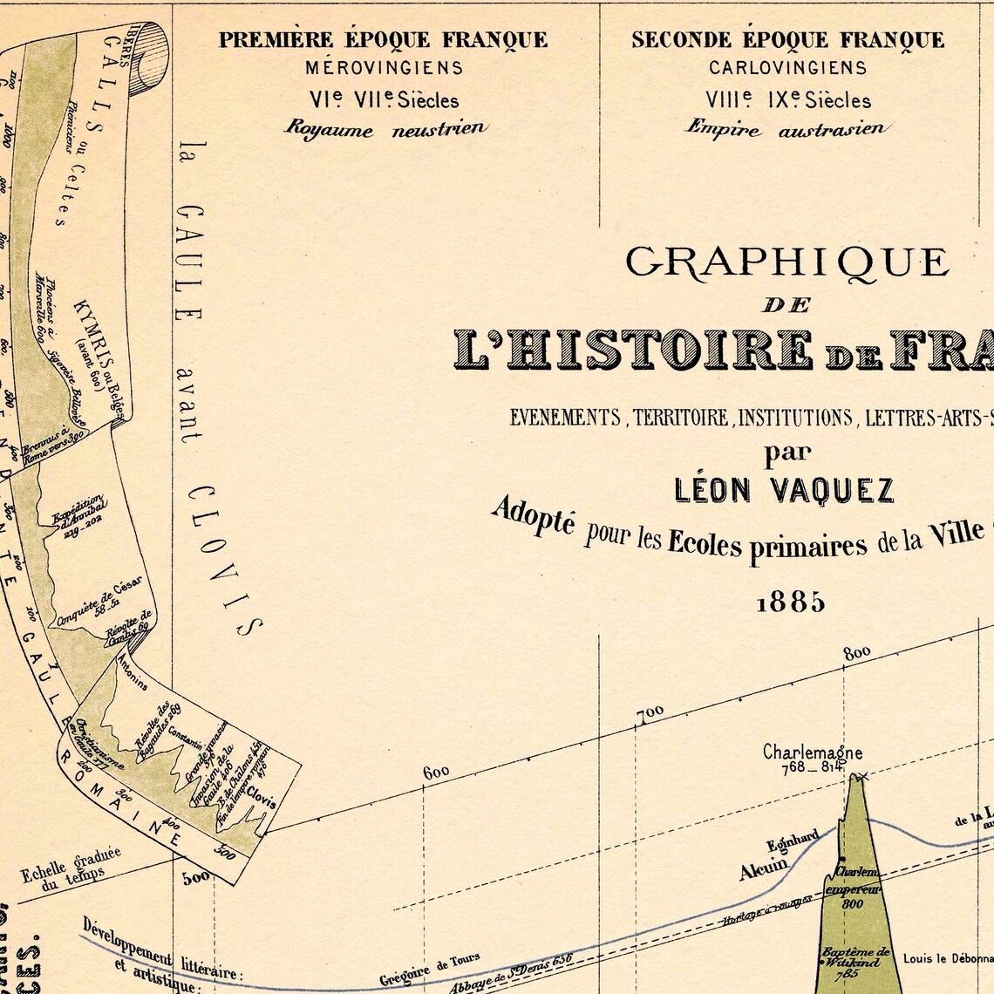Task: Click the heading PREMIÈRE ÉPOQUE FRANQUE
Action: [383, 40]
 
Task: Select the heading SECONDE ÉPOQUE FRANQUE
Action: [787, 40]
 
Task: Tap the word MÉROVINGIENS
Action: [384, 67]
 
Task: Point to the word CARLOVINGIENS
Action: [787, 67]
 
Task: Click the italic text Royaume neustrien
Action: [384, 128]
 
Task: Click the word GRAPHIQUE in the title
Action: [786, 262]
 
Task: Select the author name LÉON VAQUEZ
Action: [785, 491]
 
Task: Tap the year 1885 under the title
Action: [790, 603]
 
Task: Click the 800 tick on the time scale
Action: [857, 652]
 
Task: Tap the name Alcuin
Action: [763, 869]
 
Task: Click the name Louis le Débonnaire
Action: [948, 958]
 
